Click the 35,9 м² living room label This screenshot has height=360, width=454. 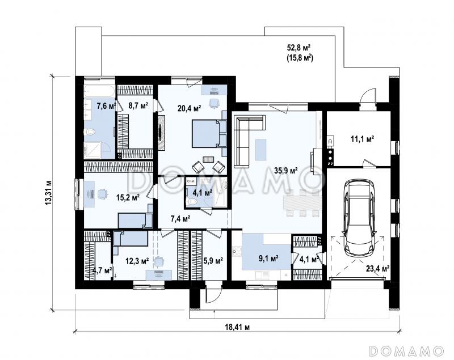click(286, 171)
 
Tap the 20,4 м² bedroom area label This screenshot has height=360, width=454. click(190, 108)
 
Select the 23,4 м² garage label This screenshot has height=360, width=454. click(377, 269)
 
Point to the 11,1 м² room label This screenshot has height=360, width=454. click(362, 139)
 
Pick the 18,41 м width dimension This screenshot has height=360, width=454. click(237, 327)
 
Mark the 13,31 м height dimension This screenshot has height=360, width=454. click(49, 193)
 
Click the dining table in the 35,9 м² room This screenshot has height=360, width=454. click(302, 203)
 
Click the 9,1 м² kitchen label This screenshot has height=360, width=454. click(268, 258)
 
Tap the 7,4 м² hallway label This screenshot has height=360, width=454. click(180, 219)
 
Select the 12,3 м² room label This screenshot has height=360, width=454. click(137, 261)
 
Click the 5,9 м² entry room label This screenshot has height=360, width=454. click(213, 261)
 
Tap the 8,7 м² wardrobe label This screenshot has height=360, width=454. click(138, 105)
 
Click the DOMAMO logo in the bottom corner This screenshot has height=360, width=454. click(406, 350)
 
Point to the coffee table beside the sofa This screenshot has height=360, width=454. click(261, 150)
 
